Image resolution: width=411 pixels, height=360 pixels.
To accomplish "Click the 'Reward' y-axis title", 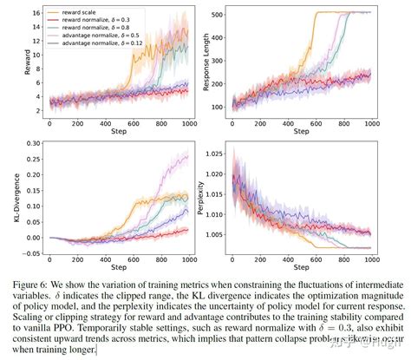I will click(x=11, y=67).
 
